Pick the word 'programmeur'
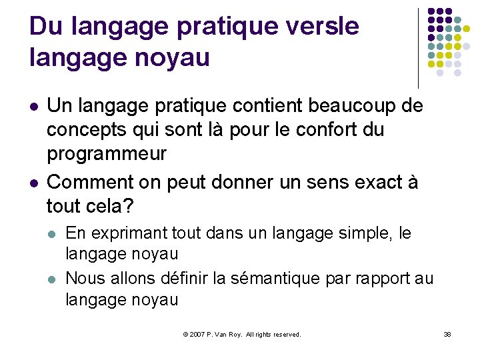click(107, 153)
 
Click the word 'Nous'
click(85, 278)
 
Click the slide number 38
click(447, 334)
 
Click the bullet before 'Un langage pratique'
click(34, 106)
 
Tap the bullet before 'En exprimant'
click(53, 234)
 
